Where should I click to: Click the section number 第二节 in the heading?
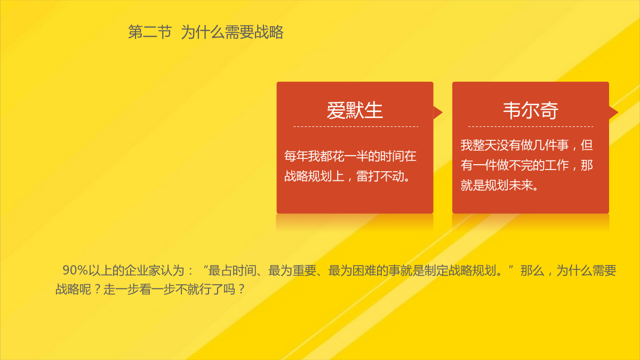(150, 31)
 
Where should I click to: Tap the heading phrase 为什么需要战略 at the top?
(233, 31)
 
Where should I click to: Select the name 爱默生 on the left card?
(355, 110)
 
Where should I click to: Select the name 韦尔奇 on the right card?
(531, 110)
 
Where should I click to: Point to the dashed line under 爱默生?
(356, 126)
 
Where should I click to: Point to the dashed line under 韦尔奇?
(531, 126)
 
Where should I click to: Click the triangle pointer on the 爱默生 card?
(438, 113)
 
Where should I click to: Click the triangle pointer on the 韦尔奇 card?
(614, 113)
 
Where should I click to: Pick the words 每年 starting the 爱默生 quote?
(296, 156)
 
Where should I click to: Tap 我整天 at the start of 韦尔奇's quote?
(478, 146)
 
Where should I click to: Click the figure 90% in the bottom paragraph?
(75, 270)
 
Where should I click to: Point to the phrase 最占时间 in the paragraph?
(232, 270)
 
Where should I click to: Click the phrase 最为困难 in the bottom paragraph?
(352, 270)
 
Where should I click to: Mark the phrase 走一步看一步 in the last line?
(139, 290)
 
